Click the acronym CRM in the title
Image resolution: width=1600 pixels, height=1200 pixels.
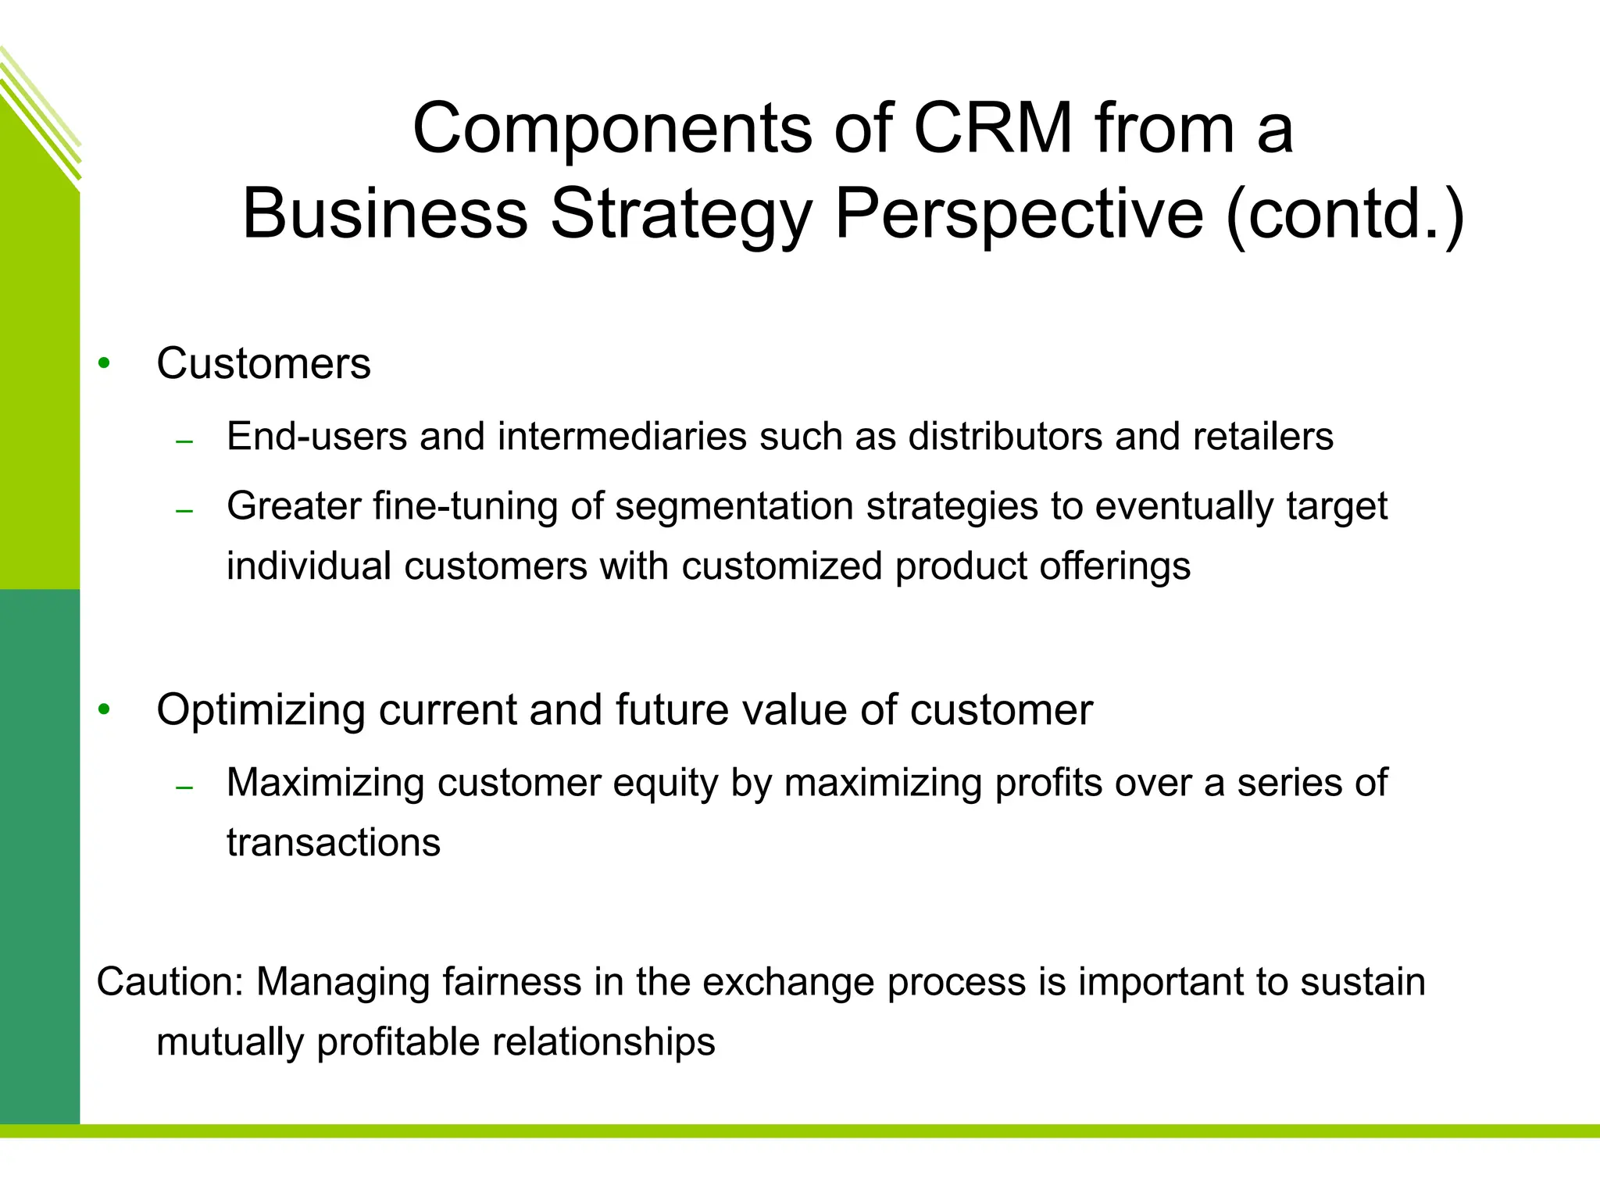993,128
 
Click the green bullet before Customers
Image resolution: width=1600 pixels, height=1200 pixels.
105,363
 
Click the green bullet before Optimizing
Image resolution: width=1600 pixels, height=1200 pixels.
105,709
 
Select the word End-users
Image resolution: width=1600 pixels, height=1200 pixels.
316,436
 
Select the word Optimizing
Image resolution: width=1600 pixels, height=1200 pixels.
260,710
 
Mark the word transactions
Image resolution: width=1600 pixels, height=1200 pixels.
334,843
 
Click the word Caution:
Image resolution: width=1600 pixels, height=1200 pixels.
170,981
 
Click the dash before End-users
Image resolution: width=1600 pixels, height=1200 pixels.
184,443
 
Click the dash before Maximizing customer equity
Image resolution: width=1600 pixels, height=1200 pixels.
184,788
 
